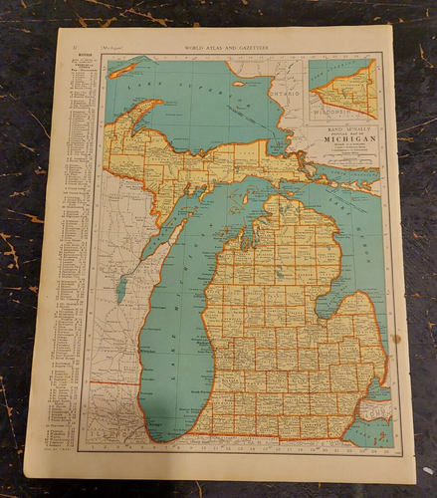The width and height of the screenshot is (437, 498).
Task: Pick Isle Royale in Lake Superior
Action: [123, 70]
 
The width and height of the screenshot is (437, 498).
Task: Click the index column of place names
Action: [70, 249]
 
